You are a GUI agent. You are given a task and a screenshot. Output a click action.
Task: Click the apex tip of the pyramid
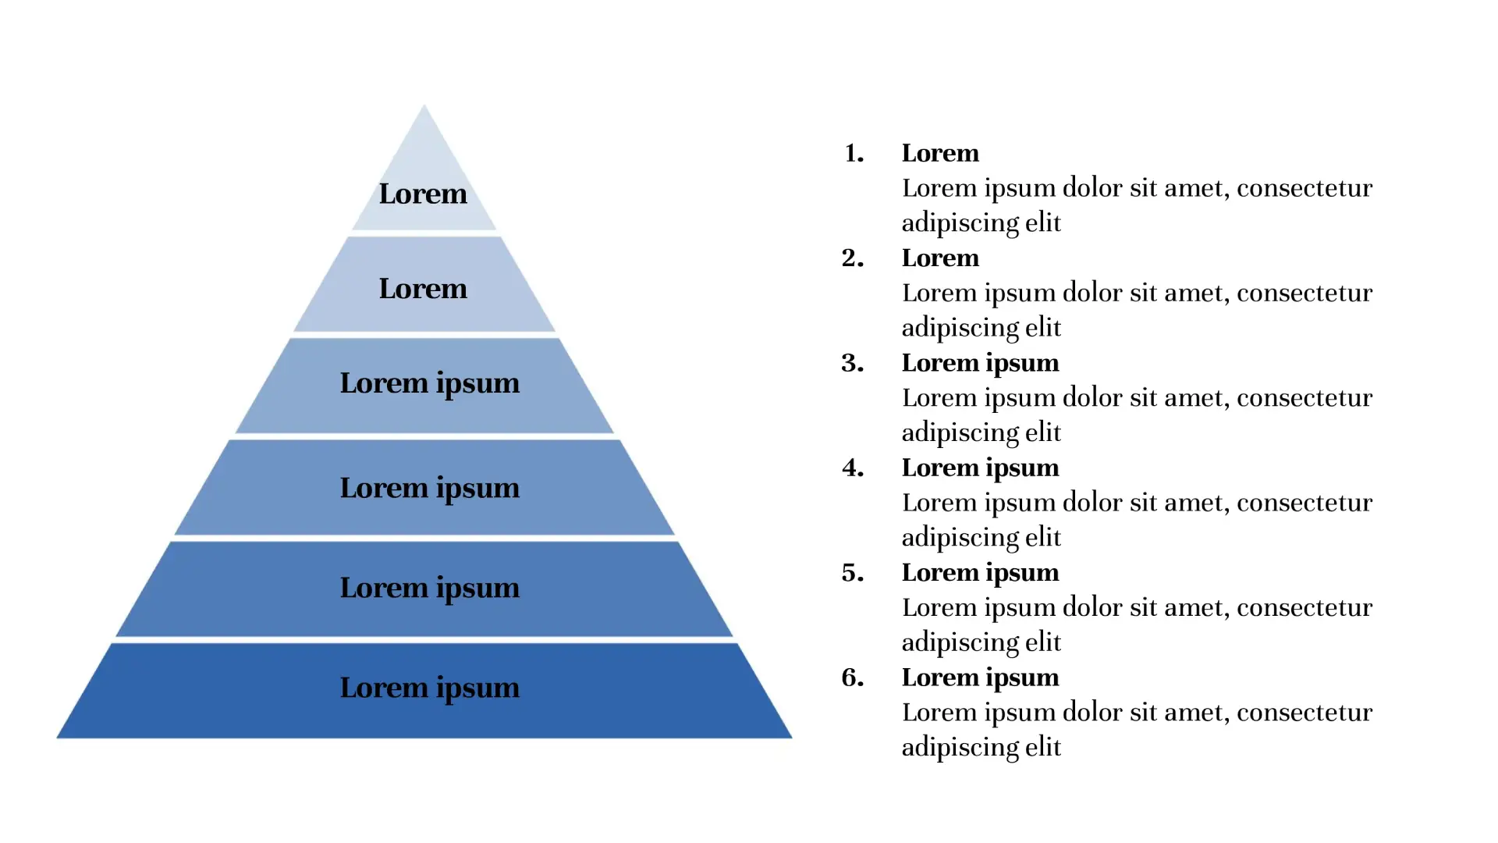point(424,105)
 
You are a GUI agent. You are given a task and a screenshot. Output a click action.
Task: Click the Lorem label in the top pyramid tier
point(423,194)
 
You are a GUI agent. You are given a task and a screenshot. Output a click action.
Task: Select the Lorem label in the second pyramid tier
point(423,289)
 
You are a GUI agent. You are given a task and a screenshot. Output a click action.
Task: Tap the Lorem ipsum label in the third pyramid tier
point(429,384)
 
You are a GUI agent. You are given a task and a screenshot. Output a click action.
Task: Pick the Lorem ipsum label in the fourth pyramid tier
point(429,489)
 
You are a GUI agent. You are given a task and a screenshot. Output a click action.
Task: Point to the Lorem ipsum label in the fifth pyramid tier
point(429,589)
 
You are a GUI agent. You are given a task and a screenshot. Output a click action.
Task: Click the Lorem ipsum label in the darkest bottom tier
point(429,688)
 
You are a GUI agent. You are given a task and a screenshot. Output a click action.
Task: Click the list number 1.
point(854,153)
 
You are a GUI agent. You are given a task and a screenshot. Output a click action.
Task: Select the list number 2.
point(853,258)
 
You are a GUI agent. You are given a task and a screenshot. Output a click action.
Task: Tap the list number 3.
point(853,363)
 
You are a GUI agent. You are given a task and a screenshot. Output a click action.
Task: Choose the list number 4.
point(853,468)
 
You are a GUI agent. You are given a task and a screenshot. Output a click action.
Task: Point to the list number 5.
point(853,573)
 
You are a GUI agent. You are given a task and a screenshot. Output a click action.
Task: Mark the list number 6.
point(853,678)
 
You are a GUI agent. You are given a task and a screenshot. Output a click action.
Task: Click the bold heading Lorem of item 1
point(940,153)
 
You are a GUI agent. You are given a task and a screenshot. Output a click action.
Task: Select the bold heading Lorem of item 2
point(940,258)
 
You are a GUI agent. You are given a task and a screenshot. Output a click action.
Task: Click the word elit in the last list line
point(1043,747)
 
